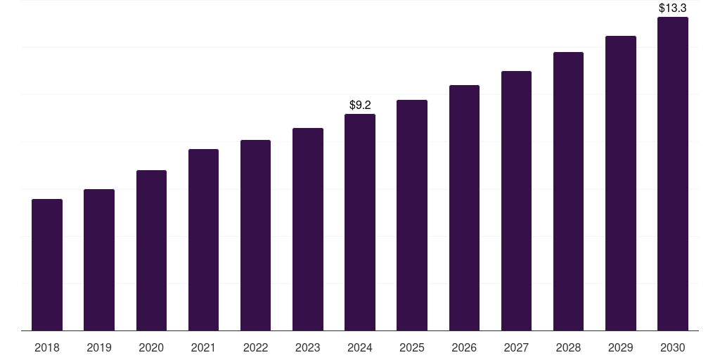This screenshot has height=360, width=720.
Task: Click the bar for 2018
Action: coord(47,265)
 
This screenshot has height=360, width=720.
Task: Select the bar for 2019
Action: coord(99,260)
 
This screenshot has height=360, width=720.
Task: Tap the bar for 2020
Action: coord(151,250)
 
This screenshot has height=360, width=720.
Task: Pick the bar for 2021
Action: coord(203,240)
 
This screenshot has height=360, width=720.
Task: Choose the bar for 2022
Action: coord(255,236)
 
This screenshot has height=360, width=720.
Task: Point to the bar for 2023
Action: coord(308,229)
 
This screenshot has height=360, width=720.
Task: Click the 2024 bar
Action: coord(360,222)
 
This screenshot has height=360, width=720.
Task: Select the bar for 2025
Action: coord(412,215)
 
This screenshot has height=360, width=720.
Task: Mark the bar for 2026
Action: coord(464,208)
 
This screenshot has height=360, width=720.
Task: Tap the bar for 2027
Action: coord(516,201)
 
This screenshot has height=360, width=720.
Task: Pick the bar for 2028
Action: coord(568,191)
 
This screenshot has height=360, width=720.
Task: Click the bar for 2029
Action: coord(621,184)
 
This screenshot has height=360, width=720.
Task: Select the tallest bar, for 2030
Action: coord(673,174)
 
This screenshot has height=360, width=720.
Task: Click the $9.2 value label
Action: coord(360,105)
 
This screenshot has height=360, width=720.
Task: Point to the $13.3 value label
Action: coord(673,8)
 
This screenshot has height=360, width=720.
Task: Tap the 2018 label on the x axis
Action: coord(47,347)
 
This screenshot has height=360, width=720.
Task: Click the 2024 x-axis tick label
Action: coord(360,347)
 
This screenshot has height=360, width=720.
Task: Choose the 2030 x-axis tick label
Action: coord(673,347)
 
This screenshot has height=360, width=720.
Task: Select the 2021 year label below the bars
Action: coord(203,347)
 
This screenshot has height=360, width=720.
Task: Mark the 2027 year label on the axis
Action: coord(516,347)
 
